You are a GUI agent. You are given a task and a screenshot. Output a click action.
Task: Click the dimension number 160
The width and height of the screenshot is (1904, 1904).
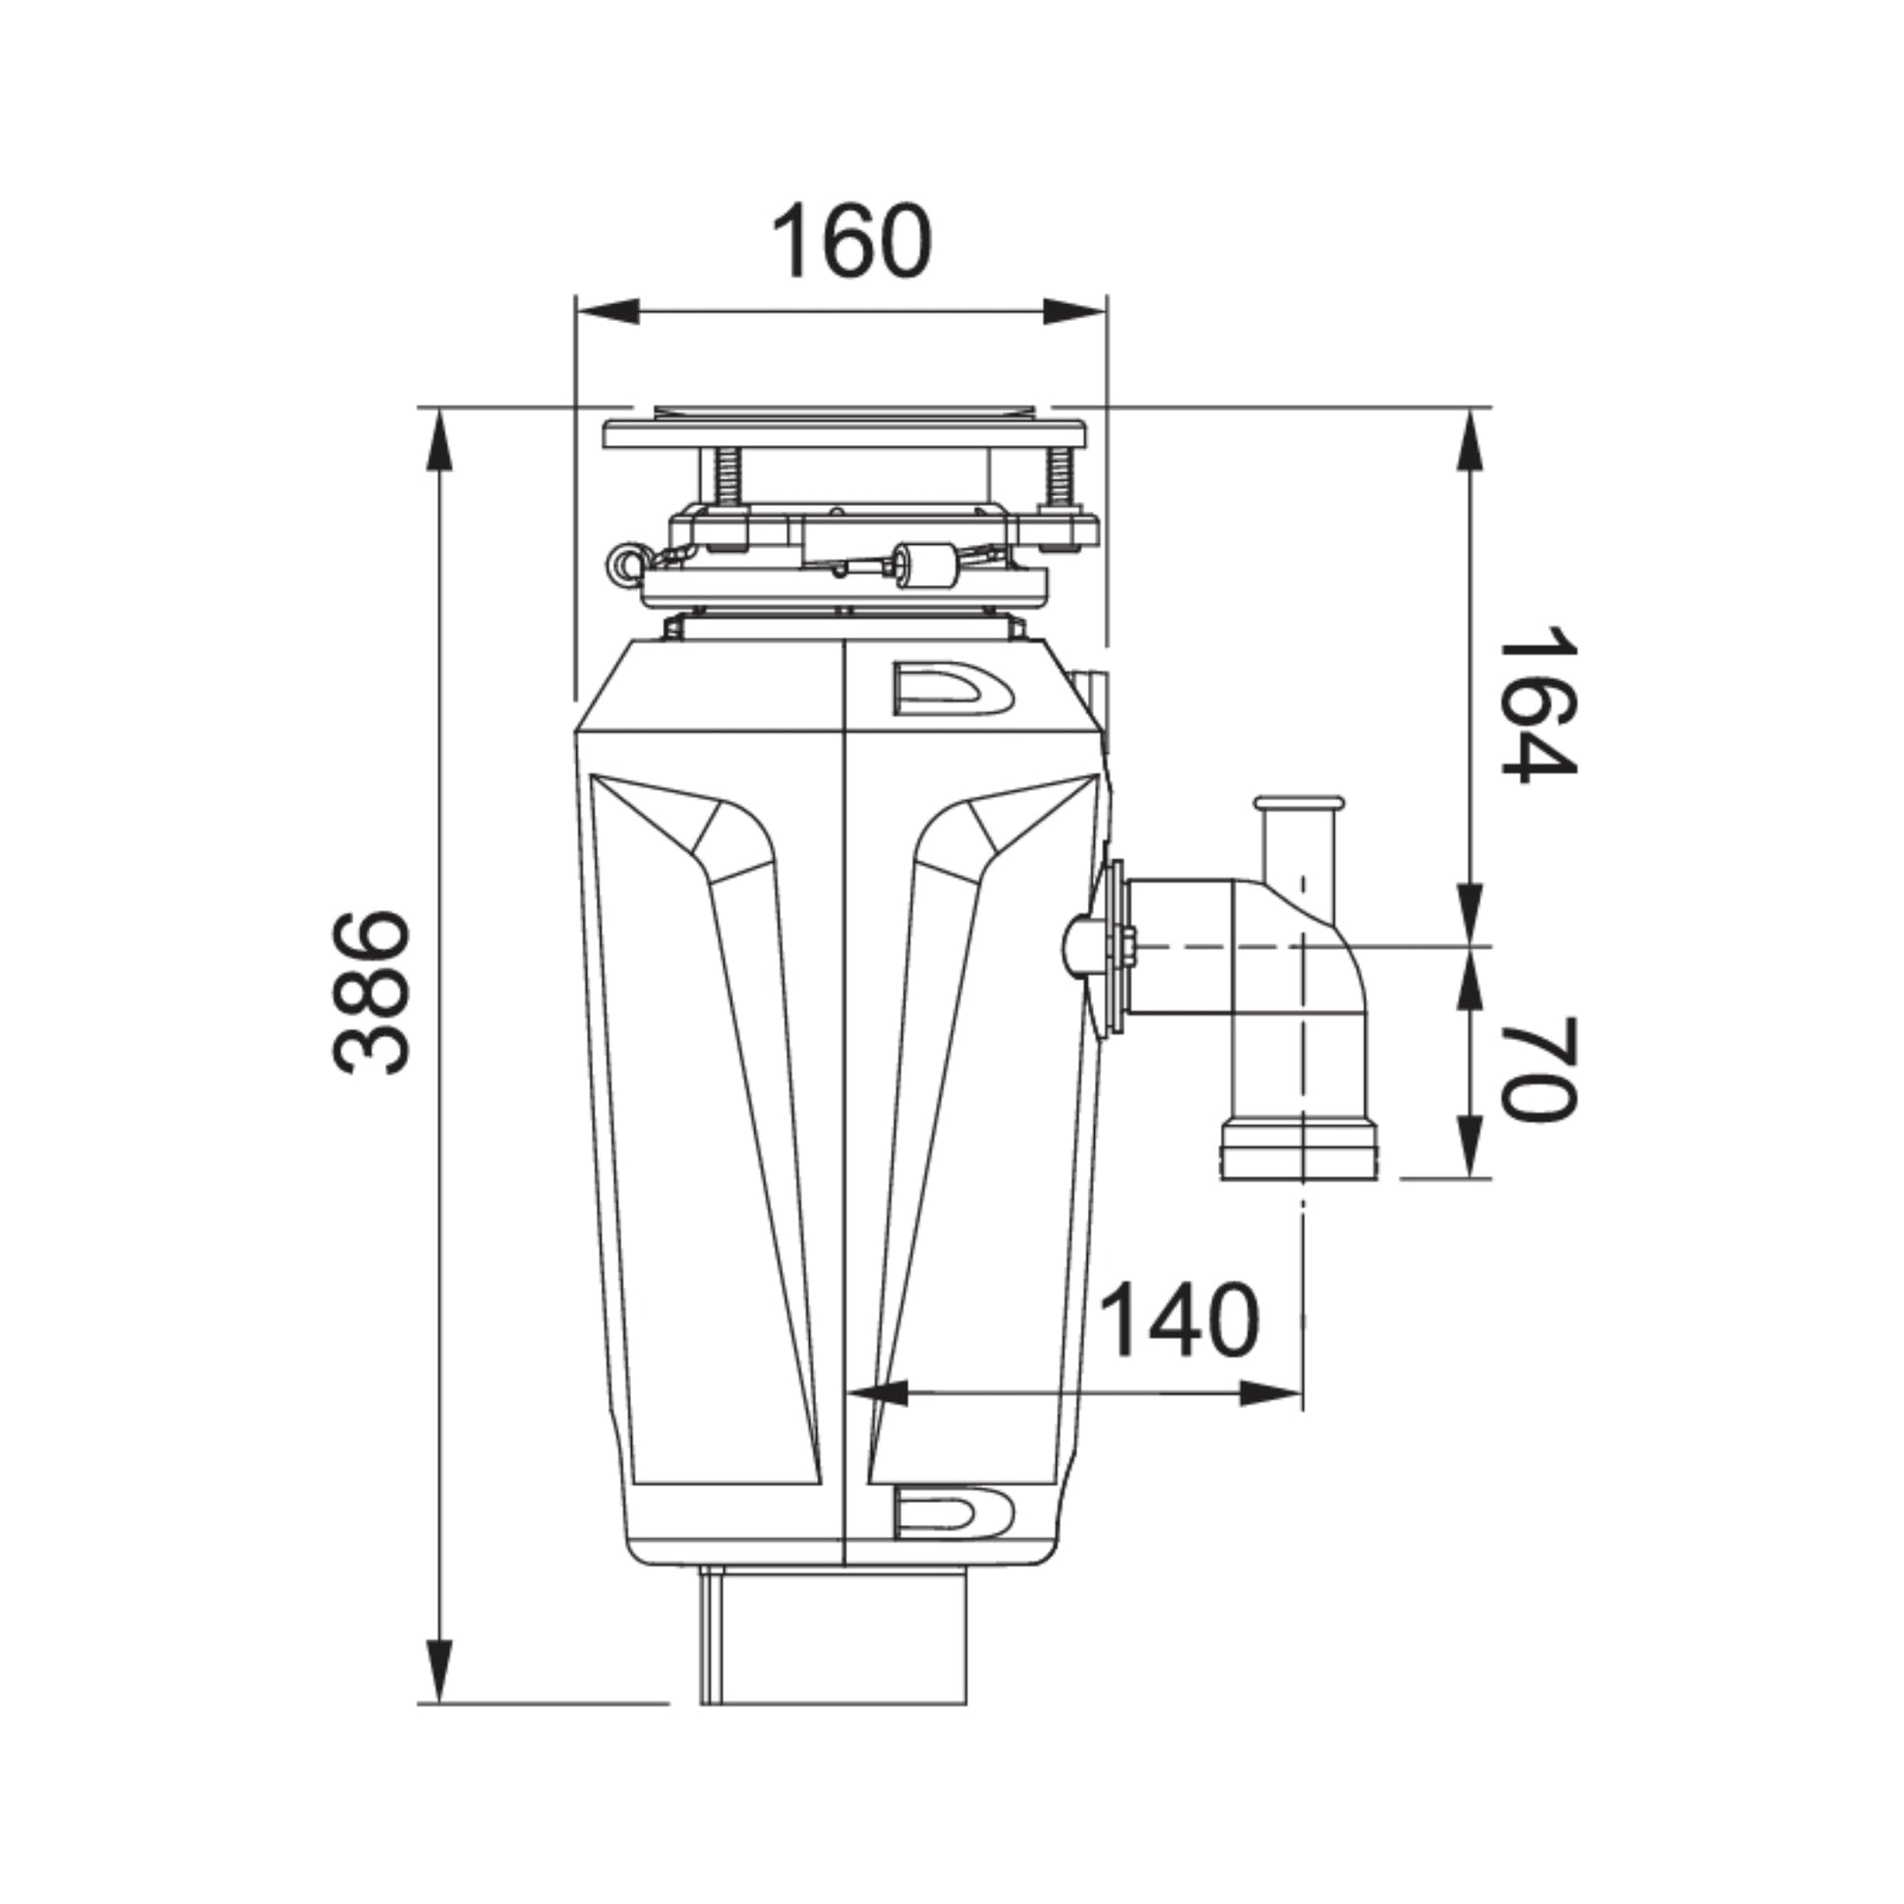pos(850,242)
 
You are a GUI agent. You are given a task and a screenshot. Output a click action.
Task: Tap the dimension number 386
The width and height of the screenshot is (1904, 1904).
pos(372,992)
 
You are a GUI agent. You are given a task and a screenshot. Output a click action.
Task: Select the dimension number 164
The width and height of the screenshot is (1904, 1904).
pos(1539,703)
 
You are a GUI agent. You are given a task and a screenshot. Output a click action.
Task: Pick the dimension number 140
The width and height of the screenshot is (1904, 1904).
pos(1179,1321)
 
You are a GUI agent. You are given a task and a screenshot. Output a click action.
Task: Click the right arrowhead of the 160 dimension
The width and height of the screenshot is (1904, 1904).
pos(1074,311)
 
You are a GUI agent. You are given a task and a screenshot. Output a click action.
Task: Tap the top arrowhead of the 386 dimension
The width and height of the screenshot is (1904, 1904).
pos(439,440)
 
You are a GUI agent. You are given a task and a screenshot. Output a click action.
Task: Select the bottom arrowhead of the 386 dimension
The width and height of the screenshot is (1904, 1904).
pos(439,1669)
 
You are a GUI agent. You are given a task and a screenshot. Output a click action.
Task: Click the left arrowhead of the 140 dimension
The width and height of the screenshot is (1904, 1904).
pos(878,1393)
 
